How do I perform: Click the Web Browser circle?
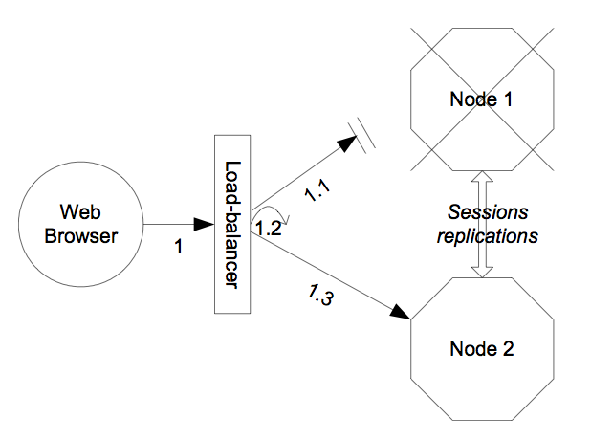pyautogui.click(x=80, y=226)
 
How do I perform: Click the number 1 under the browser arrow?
pyautogui.click(x=178, y=247)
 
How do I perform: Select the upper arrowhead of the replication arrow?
pyautogui.click(x=483, y=179)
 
